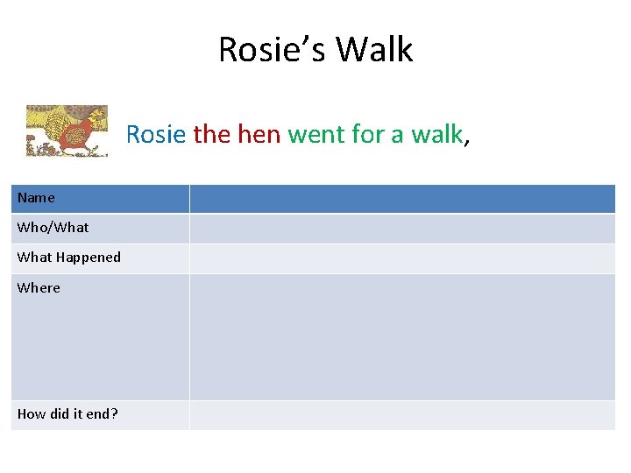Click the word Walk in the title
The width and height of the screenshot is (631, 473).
pos(374,49)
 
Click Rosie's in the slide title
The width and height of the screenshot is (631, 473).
pos(272,49)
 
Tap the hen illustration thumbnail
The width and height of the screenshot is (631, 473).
pos(67,131)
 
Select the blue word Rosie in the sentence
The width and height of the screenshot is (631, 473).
pos(156,134)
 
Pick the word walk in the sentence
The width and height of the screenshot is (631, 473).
pos(436,134)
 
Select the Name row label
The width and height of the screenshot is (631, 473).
pos(36,198)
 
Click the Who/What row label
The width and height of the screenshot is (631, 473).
pos(53,228)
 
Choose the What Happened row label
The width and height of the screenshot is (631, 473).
pos(69,258)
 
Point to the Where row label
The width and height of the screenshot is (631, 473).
pos(39,287)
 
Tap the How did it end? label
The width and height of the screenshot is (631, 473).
pos(67,413)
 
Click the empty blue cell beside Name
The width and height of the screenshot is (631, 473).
pos(402,199)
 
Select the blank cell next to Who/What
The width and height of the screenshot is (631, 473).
pos(402,229)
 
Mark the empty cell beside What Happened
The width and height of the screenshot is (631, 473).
pos(402,258)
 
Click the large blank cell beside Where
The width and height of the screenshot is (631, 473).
pos(402,337)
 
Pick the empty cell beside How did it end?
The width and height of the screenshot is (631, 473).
pos(402,414)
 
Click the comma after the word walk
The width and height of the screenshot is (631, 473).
pos(467,140)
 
